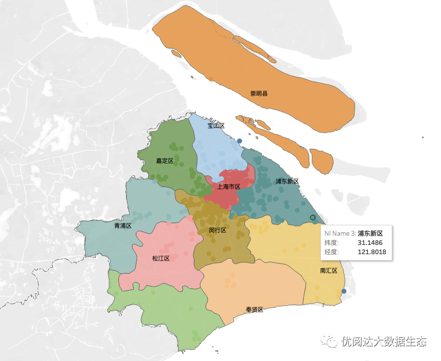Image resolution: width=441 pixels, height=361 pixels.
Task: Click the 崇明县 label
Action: tap(259, 93)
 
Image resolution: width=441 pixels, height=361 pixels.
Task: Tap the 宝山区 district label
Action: tap(216, 126)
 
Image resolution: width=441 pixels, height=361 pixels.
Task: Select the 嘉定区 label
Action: tap(165, 160)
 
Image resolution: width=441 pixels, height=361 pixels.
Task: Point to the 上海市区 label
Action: tap(229, 186)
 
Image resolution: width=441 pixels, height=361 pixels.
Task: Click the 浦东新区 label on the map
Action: tap(287, 181)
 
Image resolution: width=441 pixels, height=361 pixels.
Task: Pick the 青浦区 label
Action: tap(123, 226)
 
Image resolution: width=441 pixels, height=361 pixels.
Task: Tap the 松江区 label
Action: tap(160, 258)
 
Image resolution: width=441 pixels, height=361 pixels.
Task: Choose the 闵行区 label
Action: tap(217, 230)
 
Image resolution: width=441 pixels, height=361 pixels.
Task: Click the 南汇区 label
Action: tap(329, 271)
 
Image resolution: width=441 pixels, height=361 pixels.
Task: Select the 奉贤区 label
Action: tap(254, 310)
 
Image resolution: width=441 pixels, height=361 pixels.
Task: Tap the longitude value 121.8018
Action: tap(372, 252)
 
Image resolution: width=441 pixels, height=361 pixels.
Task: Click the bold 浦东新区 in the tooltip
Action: tap(370, 233)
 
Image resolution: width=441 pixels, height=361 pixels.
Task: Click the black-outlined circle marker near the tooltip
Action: tap(313, 217)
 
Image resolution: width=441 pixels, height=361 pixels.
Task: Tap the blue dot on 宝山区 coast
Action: tap(240, 140)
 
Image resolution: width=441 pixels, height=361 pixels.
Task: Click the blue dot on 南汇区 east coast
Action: tap(343, 291)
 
